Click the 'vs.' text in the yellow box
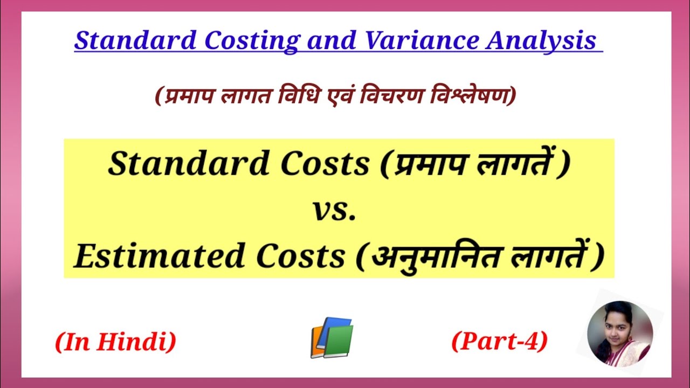point(334,211)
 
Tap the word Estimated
point(161,257)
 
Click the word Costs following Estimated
point(300,257)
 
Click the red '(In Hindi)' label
point(115,342)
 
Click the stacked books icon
point(332,338)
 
